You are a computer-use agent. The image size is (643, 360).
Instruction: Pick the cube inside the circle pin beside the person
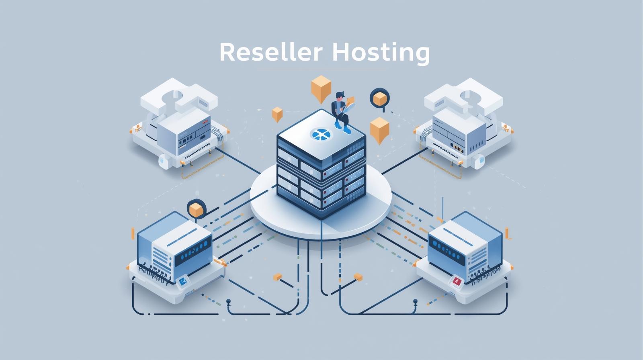(x=379, y=98)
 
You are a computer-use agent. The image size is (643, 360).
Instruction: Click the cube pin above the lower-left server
(x=196, y=209)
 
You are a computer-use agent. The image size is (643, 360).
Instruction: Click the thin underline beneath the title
(x=321, y=69)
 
